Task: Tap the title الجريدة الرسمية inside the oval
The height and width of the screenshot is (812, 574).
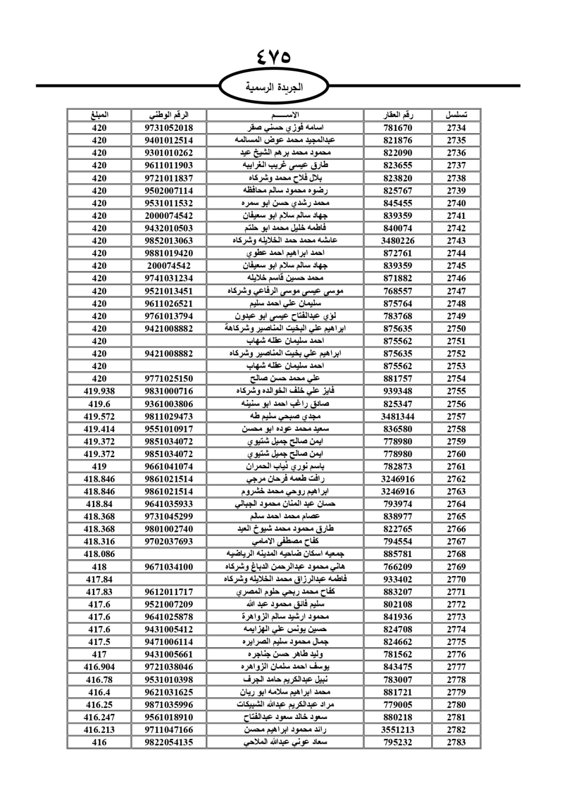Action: [274, 87]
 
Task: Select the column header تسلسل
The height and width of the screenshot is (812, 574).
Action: [456, 115]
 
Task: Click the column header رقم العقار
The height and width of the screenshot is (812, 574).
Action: [397, 115]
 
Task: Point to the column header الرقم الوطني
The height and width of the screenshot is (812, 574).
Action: [169, 115]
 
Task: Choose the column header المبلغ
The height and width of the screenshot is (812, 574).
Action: [99, 115]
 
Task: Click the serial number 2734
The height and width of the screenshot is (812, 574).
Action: [456, 127]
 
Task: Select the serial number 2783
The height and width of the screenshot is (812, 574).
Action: [456, 742]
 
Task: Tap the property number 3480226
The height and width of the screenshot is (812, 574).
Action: [397, 241]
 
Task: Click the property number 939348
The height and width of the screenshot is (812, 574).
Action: [397, 391]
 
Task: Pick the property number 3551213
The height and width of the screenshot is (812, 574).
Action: [397, 729]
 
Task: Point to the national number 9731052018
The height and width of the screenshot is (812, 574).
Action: [169, 127]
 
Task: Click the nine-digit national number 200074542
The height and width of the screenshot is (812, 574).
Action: [169, 265]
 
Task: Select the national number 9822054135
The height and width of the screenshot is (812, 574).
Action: [169, 742]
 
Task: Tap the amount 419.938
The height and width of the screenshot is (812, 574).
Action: [99, 391]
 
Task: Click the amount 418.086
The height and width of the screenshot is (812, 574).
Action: [99, 554]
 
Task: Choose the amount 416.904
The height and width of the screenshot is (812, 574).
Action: [99, 667]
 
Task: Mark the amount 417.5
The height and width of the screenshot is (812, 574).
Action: [99, 641]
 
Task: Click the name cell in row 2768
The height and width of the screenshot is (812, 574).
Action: [285, 554]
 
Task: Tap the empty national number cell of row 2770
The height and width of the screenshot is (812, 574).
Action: [169, 579]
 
